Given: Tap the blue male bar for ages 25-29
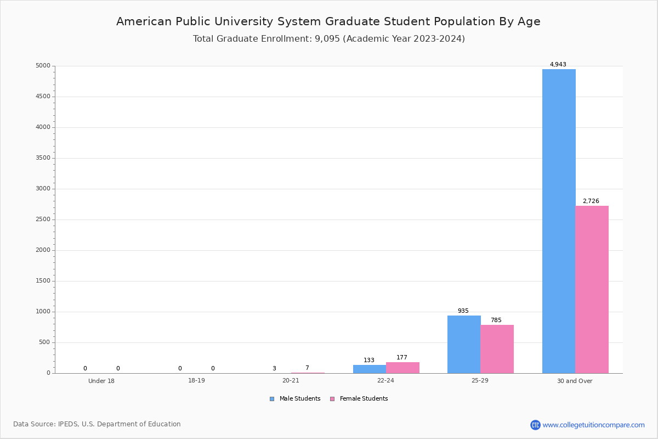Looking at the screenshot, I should click(x=464, y=344).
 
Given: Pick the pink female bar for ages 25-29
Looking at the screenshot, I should click(x=497, y=349).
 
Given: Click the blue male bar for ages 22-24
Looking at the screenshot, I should click(x=369, y=369).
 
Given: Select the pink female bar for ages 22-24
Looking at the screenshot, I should click(x=402, y=368).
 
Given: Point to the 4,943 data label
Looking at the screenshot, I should click(x=558, y=65).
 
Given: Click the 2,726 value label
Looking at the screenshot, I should click(x=591, y=201).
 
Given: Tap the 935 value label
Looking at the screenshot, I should click(x=463, y=311).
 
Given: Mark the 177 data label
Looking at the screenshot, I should click(x=402, y=358).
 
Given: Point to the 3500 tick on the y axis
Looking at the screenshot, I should click(x=42, y=158).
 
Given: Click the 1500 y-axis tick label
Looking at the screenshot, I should click(x=42, y=281).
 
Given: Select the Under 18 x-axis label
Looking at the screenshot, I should click(x=101, y=381).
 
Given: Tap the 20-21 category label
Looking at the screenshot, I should click(x=291, y=381).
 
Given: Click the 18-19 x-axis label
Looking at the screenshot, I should click(x=196, y=381).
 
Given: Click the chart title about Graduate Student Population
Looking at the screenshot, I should click(x=328, y=21).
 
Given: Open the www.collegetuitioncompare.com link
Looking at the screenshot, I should click(x=593, y=425).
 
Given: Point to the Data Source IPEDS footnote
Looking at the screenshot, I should click(x=97, y=424).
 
